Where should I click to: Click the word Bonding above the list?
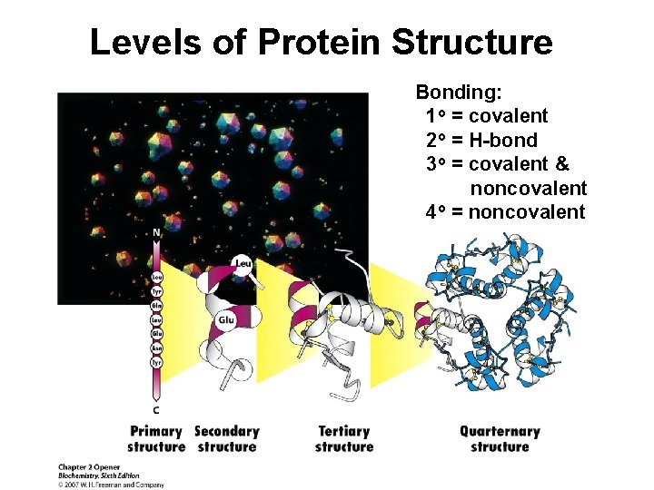[x=461, y=93]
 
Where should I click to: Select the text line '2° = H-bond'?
[x=481, y=141]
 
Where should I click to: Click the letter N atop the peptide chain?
[x=156, y=233]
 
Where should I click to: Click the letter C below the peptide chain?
[x=156, y=409]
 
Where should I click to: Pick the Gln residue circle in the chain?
[x=156, y=307]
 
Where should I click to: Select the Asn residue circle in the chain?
[x=156, y=348]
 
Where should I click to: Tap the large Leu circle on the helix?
[x=243, y=264]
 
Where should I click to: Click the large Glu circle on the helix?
[x=227, y=320]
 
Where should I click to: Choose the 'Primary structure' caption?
[x=155, y=439]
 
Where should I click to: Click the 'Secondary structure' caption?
[x=227, y=439]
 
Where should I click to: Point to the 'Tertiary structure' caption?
[x=344, y=439]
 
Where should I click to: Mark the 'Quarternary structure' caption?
[x=500, y=439]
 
